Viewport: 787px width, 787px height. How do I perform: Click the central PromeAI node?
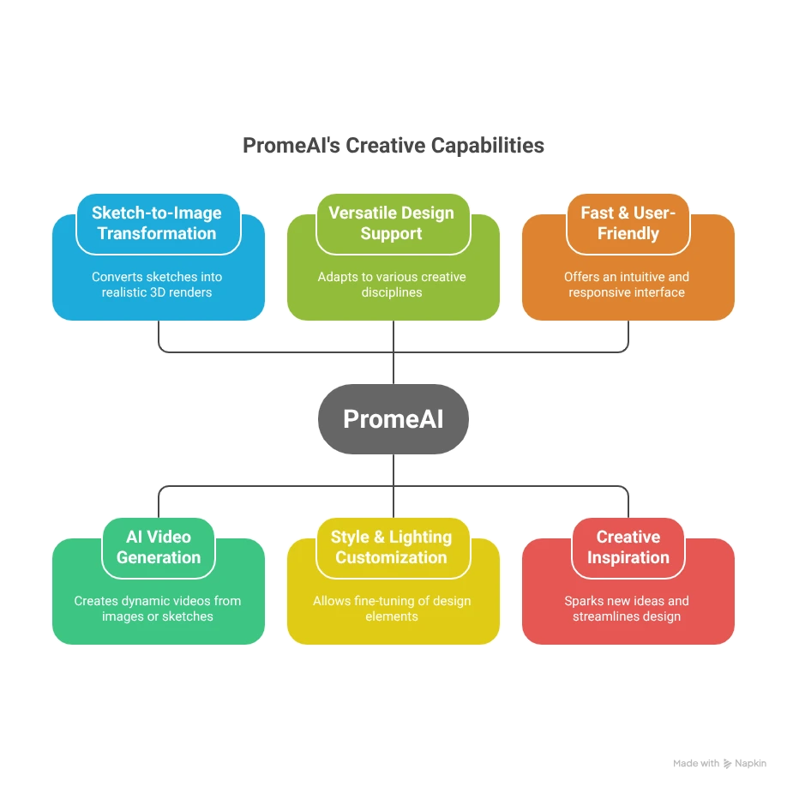pyautogui.click(x=393, y=418)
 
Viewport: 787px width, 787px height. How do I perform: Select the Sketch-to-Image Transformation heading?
pyautogui.click(x=157, y=223)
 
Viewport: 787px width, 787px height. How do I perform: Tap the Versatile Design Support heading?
pyautogui.click(x=392, y=223)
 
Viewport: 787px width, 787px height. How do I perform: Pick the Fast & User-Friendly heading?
pyautogui.click(x=628, y=223)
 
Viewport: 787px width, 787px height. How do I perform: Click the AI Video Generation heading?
pyautogui.click(x=159, y=547)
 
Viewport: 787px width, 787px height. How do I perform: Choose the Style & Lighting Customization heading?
pyautogui.click(x=392, y=547)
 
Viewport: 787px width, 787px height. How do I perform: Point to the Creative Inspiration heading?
pyautogui.click(x=628, y=547)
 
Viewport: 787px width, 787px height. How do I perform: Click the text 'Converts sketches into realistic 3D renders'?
pyautogui.click(x=158, y=285)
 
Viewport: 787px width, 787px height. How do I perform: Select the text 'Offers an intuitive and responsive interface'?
pyautogui.click(x=627, y=285)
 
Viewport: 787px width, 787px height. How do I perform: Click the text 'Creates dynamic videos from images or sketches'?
pyautogui.click(x=158, y=609)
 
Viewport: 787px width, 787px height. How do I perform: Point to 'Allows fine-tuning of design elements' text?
pyautogui.click(x=392, y=609)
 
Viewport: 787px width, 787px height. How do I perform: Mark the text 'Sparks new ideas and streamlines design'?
pyautogui.click(x=627, y=609)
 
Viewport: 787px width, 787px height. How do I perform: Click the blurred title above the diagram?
pyautogui.click(x=393, y=147)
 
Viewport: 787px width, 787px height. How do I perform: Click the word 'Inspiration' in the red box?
pyautogui.click(x=628, y=557)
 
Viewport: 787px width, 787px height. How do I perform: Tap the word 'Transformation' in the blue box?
pyautogui.click(x=157, y=233)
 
